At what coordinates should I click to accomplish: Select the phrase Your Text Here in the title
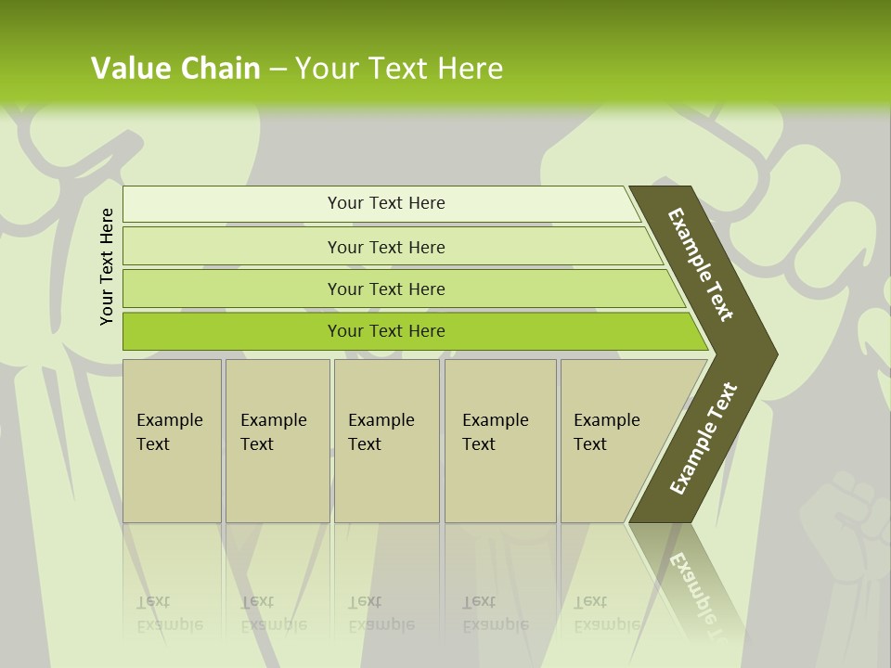point(399,68)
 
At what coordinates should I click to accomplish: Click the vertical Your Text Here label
point(107,266)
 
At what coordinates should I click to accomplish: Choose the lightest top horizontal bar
point(386,203)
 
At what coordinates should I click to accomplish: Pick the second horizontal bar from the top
point(386,247)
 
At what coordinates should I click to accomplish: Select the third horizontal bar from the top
point(386,289)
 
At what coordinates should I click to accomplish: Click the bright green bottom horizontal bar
point(386,331)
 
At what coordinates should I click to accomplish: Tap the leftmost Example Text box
point(172,441)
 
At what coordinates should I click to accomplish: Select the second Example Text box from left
point(277,441)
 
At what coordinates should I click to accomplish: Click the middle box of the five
point(386,441)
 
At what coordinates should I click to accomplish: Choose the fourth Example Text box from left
point(499,441)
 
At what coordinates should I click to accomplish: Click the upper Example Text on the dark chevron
point(701,264)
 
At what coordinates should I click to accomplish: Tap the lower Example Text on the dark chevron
point(703,439)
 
